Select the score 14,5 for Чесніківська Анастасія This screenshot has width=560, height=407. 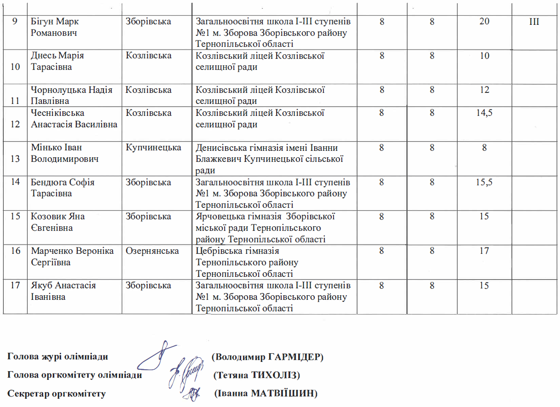click(484, 113)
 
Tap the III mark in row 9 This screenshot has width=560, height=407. click(534, 22)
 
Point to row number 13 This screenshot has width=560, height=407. click(15, 159)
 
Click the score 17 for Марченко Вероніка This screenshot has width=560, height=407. click(484, 251)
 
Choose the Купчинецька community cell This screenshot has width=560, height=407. click(153, 148)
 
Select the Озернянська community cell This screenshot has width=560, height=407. click(153, 251)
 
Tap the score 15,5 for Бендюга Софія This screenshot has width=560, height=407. click(484, 182)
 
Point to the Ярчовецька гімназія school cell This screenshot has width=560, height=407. click(265, 228)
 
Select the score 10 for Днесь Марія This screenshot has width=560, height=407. click(484, 56)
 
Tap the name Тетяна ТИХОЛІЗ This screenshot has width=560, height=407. click(257, 375)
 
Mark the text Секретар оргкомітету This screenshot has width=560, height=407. click(57, 394)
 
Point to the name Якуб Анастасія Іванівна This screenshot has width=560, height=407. click(63, 291)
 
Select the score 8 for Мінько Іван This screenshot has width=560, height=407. click(484, 148)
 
